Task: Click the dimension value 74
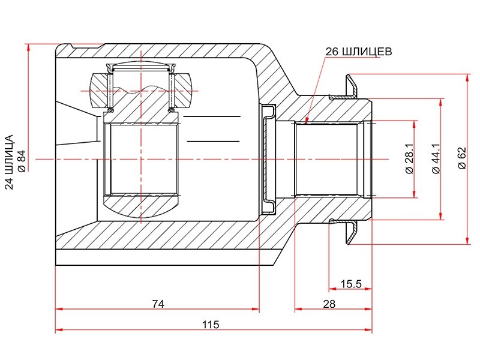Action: (x=158, y=304)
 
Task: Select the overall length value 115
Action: (x=211, y=325)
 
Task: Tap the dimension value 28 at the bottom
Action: (x=329, y=304)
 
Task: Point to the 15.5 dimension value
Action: (x=351, y=284)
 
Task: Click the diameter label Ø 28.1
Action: (x=409, y=159)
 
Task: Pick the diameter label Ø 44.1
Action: (x=436, y=159)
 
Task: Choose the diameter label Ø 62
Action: (x=462, y=158)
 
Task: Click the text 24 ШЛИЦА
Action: (x=10, y=162)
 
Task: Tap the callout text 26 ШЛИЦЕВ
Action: (x=358, y=52)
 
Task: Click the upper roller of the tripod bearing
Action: (x=141, y=89)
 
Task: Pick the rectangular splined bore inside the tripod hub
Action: (x=141, y=159)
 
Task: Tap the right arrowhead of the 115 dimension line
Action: (x=369, y=330)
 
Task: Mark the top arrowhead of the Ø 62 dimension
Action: (x=467, y=78)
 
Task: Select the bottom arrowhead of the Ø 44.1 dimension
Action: (x=441, y=216)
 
